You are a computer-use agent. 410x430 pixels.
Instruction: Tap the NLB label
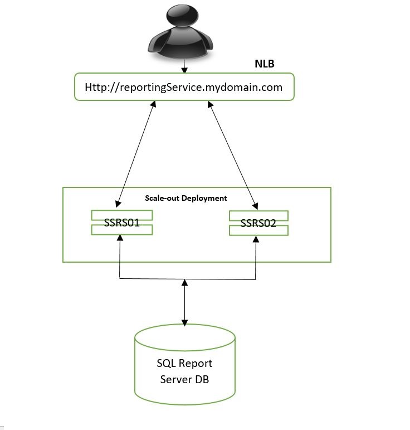point(265,64)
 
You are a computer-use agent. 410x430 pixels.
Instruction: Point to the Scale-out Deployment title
point(186,198)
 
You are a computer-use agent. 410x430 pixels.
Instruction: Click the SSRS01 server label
point(121,223)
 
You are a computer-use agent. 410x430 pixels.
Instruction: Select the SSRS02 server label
point(258,224)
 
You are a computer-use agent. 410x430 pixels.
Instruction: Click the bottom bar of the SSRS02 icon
point(258,231)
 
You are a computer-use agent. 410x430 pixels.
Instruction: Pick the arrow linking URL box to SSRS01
point(135,153)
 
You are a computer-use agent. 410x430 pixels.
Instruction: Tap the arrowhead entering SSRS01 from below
point(120,238)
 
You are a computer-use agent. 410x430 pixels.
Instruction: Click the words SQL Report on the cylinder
point(184,364)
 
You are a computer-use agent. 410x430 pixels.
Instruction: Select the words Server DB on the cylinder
point(184,380)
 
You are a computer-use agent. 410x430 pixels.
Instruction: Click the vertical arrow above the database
point(185,302)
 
